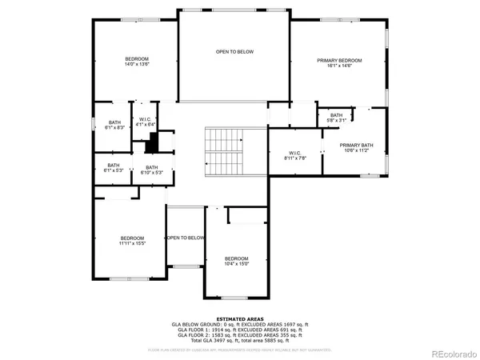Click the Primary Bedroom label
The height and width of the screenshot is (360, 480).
click(339, 63)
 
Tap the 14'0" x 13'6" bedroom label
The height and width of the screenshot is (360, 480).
click(135, 63)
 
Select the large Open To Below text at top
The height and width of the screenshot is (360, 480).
click(234, 51)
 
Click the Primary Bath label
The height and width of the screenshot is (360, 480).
click(356, 147)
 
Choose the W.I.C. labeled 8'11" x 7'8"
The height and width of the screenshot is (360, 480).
click(295, 154)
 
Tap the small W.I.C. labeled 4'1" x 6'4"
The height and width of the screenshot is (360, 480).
click(144, 122)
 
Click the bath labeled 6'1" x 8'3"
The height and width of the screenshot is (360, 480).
click(114, 125)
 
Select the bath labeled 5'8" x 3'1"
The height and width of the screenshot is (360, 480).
click(336, 118)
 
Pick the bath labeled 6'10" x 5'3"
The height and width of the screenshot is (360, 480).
click(152, 170)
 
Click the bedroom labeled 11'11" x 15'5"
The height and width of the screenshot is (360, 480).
click(132, 240)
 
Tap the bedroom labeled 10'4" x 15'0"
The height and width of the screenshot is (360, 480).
click(236, 261)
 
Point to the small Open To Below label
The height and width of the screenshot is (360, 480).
click(186, 238)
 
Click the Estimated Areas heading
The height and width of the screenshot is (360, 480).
click(238, 318)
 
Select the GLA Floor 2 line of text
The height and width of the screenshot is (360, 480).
click(238, 334)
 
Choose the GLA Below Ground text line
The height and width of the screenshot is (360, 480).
click(238, 323)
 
